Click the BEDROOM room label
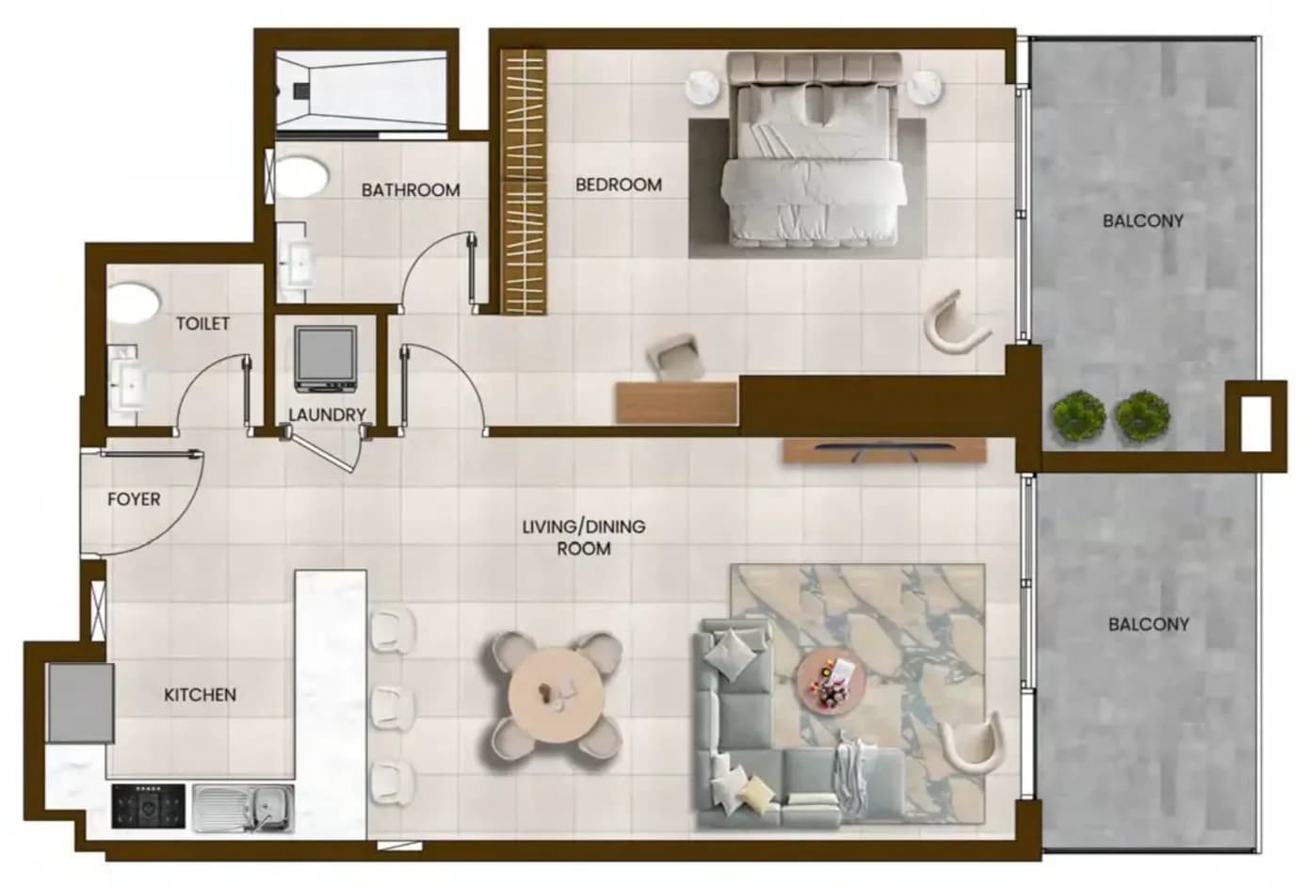pos(619,185)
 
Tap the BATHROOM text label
pos(411,190)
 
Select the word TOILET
pos(202,323)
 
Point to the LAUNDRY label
pos(327,414)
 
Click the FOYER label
pos(134,499)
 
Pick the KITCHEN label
pos(200,695)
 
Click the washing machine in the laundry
pos(325,359)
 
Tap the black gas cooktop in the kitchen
pos(149,806)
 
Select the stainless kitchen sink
pos(243,808)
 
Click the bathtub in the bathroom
pos(362,90)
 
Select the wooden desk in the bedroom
pos(677,403)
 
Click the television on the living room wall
pos(884,451)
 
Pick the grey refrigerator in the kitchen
pos(81,703)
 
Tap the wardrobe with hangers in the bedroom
pos(524,181)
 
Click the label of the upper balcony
pos(1142,221)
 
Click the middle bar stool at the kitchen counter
pos(393,708)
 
